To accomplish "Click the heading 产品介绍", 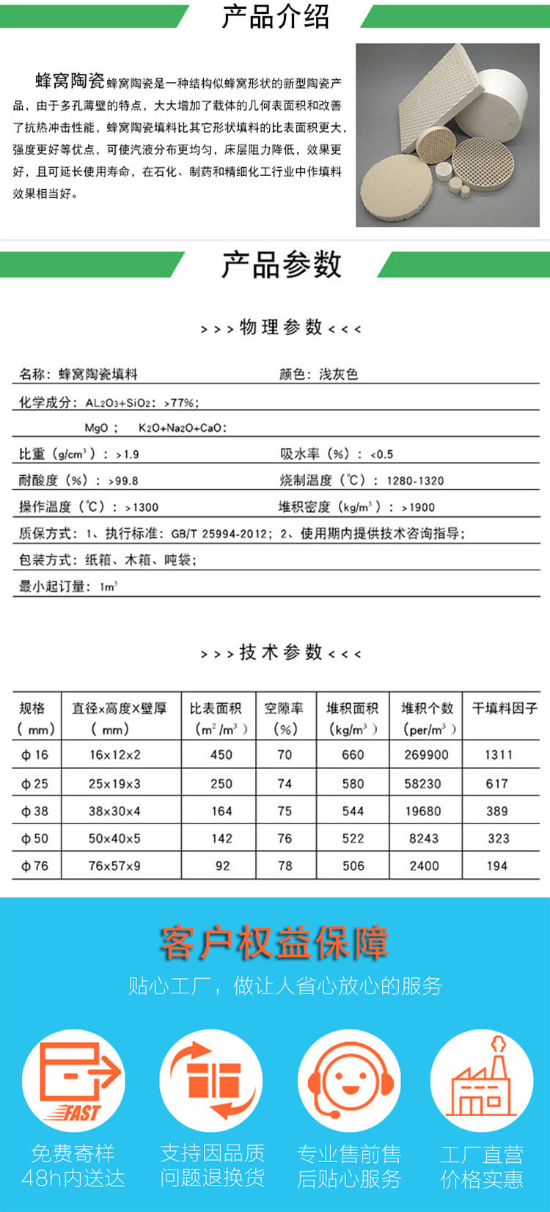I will point(275,16).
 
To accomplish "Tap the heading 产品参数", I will point(282,265).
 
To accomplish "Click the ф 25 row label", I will point(34,784).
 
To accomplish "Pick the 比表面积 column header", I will point(216,708).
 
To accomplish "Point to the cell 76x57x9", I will point(114,866).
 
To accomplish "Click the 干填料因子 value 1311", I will point(499,754).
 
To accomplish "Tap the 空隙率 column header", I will point(284,708).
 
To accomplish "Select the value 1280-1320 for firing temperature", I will point(415,481).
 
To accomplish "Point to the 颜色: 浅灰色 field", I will point(318,375).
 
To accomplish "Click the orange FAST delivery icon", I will point(73,1081).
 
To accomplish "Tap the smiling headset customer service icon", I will point(349,1081).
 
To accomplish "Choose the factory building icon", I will point(481,1081).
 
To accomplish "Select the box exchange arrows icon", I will point(211,1081).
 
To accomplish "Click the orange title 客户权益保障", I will point(274,943).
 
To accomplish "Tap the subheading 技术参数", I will point(281,652).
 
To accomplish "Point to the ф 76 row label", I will point(34,866).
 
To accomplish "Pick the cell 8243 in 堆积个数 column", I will point(424,839).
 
